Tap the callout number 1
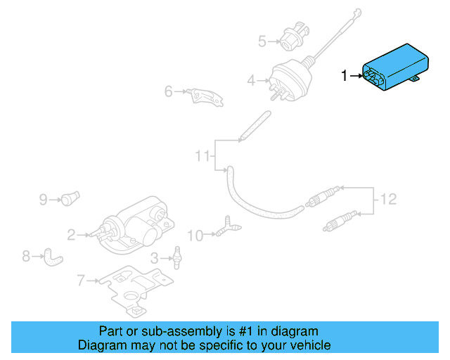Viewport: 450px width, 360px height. (x=345, y=75)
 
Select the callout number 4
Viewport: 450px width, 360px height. (x=251, y=81)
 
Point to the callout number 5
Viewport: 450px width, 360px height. (x=262, y=41)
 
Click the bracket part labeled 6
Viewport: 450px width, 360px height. (x=206, y=97)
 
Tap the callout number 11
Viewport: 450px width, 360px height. (x=202, y=155)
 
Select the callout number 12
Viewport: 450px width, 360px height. (x=389, y=200)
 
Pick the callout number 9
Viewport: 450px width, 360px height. (x=43, y=200)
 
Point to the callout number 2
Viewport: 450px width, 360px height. (x=71, y=234)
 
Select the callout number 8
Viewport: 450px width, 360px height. (x=26, y=256)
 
